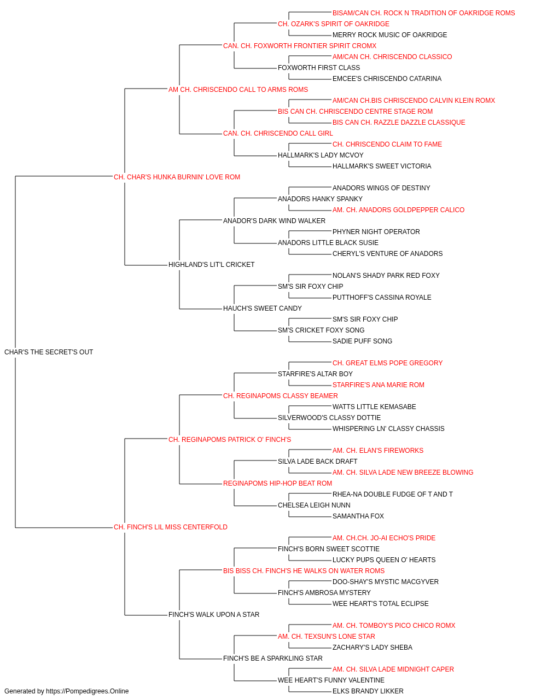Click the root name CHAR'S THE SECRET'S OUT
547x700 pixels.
tap(49, 352)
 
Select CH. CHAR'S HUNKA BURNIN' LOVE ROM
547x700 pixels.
tap(177, 177)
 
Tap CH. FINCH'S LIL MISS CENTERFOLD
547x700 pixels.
tap(171, 527)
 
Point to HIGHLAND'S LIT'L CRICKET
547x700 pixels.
tap(211, 265)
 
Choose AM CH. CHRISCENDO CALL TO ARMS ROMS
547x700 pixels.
tap(238, 90)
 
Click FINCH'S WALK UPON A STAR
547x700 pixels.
tap(214, 615)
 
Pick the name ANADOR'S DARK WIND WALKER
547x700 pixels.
tap(274, 220)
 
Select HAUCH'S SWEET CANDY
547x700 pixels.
tap(263, 308)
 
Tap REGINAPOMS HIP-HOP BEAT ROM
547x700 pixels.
tap(277, 483)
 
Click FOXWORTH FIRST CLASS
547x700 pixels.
tap(319, 68)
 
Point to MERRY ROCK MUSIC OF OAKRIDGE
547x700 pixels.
tap(390, 35)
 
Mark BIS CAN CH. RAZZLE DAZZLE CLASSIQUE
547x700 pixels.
tap(399, 122)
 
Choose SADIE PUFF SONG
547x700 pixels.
tap(363, 341)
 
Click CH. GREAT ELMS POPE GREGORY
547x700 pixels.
tap(387, 363)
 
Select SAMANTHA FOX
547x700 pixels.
tap(358, 516)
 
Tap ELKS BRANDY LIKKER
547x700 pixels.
tap(368, 691)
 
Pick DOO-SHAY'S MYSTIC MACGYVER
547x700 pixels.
tap(386, 582)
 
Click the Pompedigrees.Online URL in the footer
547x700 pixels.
tap(88, 691)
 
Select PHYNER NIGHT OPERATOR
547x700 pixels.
tap(376, 232)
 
